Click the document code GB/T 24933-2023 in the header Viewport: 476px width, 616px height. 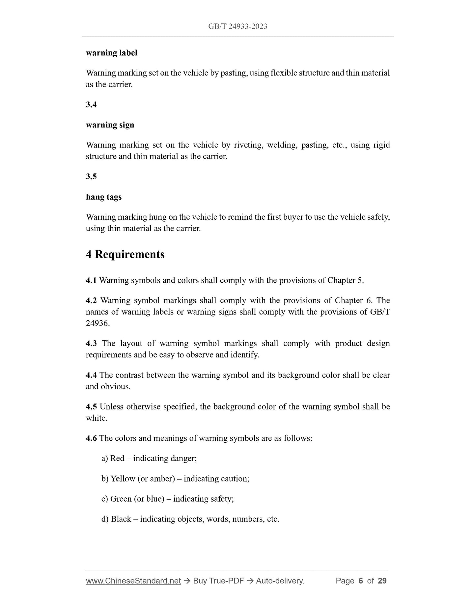(238, 27)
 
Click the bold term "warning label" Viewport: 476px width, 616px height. (111, 53)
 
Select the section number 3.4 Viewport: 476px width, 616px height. (91, 105)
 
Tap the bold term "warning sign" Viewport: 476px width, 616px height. (110, 125)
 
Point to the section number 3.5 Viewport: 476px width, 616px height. (91, 177)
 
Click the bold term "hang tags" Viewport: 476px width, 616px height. (104, 197)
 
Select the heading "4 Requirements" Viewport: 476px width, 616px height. (125, 255)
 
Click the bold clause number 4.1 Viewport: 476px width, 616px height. (91, 281)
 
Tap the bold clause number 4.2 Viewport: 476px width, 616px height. (91, 301)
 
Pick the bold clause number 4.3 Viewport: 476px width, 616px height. (91, 344)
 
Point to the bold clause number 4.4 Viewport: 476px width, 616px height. (91, 375)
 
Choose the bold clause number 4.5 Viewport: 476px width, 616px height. (91, 407)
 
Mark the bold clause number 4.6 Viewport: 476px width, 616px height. (91, 438)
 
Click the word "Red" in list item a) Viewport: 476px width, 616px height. (117, 459)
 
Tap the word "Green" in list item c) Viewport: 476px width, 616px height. (121, 499)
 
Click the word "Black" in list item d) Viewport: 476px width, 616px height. (121, 519)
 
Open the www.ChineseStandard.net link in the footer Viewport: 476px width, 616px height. (133, 581)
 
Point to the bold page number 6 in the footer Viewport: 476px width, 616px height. (361, 581)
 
